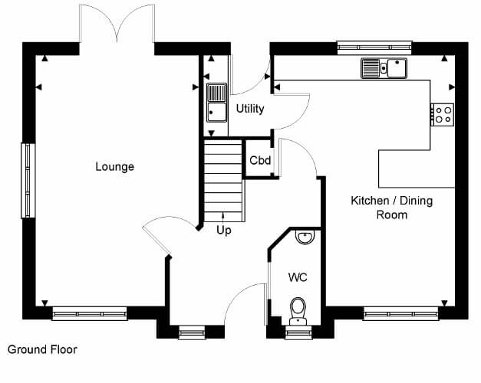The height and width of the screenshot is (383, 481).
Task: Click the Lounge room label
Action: tap(115, 167)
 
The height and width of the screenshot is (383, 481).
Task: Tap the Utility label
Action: tap(250, 109)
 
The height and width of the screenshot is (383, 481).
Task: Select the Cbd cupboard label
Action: tap(260, 160)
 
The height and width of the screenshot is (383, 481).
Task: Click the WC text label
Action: tap(298, 277)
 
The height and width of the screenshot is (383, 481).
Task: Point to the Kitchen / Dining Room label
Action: tap(392, 208)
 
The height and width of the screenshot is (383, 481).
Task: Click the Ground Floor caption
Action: tap(42, 349)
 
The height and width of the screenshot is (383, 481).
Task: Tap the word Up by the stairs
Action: tap(224, 230)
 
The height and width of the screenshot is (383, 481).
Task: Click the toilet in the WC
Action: tap(298, 311)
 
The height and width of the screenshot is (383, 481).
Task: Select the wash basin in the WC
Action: tap(305, 237)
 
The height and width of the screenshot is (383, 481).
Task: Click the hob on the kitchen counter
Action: tap(442, 115)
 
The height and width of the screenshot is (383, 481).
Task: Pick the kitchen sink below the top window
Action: tap(384, 68)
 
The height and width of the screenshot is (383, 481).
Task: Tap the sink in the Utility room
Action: tap(217, 103)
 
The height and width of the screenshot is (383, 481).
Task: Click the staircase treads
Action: tap(224, 181)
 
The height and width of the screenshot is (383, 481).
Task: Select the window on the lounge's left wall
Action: tap(28, 181)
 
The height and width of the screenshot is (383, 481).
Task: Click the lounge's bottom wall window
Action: tap(90, 313)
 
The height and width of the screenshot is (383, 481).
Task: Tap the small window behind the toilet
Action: tap(298, 332)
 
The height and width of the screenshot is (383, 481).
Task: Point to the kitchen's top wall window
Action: tap(374, 47)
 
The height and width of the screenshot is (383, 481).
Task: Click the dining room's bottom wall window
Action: tap(401, 313)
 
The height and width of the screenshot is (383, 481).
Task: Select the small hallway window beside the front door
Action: tap(192, 332)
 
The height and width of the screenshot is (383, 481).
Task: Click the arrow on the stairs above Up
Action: tap(223, 216)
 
